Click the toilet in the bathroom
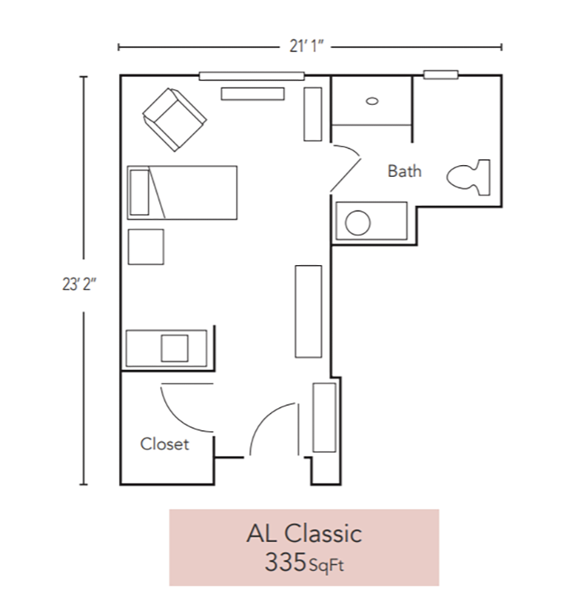click(469, 176)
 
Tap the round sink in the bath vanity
click(357, 223)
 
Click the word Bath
click(405, 171)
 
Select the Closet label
click(164, 444)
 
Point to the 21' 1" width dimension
click(310, 46)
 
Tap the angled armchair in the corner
click(173, 120)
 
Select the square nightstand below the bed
click(145, 246)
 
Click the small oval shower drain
click(372, 101)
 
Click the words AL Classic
click(304, 533)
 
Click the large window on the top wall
click(252, 76)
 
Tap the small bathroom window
click(440, 75)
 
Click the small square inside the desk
click(174, 348)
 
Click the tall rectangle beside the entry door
click(325, 417)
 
